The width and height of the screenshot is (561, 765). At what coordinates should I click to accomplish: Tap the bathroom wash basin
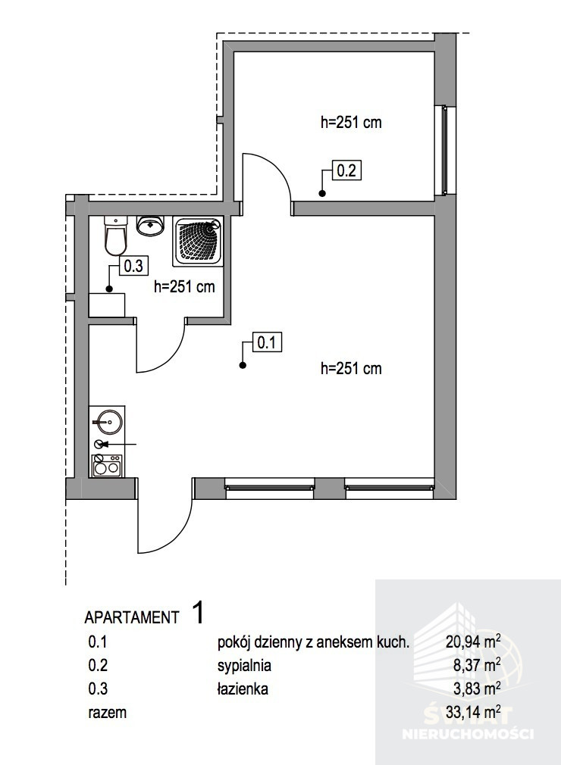pos(150,226)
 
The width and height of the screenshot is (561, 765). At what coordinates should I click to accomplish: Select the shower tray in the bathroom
pos(198,242)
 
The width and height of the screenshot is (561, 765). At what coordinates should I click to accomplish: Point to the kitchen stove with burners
pos(107,466)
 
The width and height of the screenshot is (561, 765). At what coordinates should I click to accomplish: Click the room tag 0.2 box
pos(346,170)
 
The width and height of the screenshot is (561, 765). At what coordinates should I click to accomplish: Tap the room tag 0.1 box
pos(267,342)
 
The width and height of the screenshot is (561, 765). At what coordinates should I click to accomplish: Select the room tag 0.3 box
pos(133,266)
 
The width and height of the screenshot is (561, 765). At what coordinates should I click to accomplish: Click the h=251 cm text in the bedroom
pos(351,123)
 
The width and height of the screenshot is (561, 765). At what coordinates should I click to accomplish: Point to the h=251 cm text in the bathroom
pos(184,286)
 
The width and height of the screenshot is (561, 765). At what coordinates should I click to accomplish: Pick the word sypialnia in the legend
pos(244,666)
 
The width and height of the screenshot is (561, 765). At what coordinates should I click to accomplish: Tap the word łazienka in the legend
pos(243,689)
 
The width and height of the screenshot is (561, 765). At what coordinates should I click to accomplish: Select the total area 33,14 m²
pos(473,712)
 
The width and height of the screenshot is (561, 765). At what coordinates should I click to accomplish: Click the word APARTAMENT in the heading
pos(132,617)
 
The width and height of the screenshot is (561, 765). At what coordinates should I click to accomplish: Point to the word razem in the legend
pos(108,713)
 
